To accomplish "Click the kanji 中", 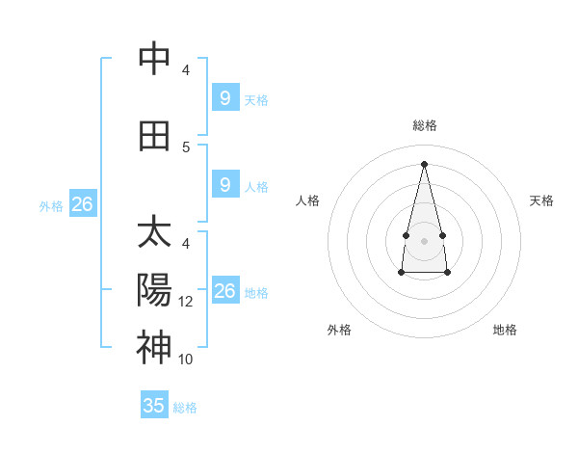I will (x=154, y=59).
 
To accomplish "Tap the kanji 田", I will (x=154, y=136).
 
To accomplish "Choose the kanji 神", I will (x=154, y=346).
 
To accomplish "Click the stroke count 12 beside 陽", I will (x=187, y=302).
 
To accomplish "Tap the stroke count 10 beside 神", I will (x=187, y=360).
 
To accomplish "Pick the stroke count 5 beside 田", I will (x=187, y=147).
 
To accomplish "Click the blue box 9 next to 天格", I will (x=224, y=97).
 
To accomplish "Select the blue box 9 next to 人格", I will (x=224, y=184).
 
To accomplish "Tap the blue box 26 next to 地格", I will (x=224, y=290).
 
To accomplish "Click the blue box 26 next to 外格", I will (x=83, y=203).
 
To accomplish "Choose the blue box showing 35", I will (x=154, y=406).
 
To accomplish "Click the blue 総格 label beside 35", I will (x=185, y=408).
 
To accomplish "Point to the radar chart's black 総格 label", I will (x=424, y=125).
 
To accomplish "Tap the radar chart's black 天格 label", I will (x=541, y=200).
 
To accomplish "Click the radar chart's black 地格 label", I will (x=505, y=330).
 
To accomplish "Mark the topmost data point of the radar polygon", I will (x=424, y=163).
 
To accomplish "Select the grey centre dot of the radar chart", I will (x=424, y=240).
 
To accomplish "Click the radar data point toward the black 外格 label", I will (x=401, y=273).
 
